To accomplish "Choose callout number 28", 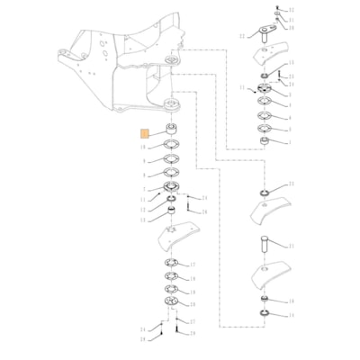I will pyautogui.click(x=204, y=211).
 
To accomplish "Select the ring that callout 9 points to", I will pyautogui.click(x=169, y=160).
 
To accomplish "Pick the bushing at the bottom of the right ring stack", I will pyautogui.click(x=266, y=141).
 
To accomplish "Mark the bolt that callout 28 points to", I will pyautogui.click(x=184, y=209).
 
